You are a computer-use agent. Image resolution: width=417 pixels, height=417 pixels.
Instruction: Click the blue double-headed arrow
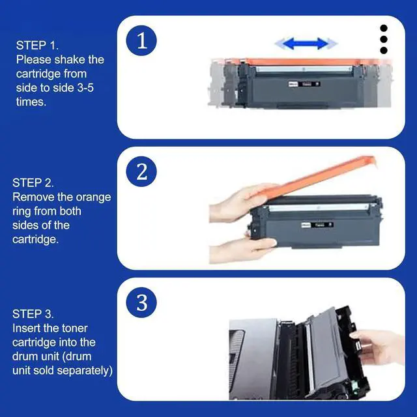pyautogui.click(x=306, y=44)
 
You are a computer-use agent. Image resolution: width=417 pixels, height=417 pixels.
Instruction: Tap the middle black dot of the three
pyautogui.click(x=384, y=39)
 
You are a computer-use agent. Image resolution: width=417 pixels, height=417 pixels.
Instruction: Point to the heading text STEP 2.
pyautogui.click(x=33, y=183)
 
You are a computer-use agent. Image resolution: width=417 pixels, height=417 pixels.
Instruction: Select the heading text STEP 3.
pyautogui.click(x=33, y=314)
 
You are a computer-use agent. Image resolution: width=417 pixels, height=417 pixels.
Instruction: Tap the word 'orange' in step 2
pyautogui.click(x=94, y=197)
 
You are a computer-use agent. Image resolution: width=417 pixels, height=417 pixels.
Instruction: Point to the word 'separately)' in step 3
pyautogui.click(x=85, y=371)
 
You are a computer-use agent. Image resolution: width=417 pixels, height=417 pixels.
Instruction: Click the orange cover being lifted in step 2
pyautogui.click(x=326, y=175)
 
